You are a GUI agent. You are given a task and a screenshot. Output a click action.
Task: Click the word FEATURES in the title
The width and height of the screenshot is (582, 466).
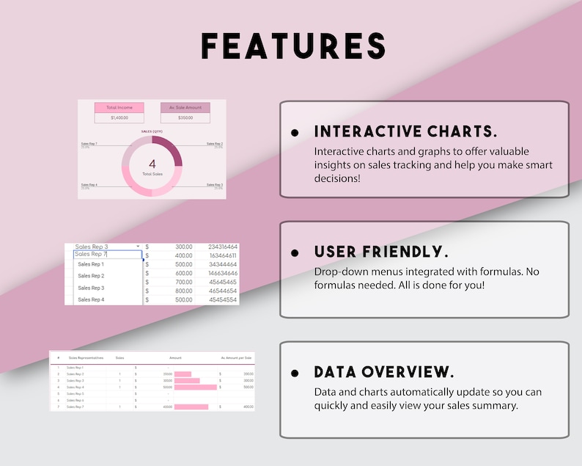[x=293, y=45]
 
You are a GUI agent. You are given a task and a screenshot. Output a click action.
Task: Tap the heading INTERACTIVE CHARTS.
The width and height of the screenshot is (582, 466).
[x=405, y=132]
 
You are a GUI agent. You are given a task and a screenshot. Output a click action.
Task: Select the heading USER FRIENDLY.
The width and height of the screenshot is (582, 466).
[x=381, y=252]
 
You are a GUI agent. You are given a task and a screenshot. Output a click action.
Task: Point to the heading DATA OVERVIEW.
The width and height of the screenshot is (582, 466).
[x=383, y=372]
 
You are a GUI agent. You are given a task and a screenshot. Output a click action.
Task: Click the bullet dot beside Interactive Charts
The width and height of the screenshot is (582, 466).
[x=295, y=133]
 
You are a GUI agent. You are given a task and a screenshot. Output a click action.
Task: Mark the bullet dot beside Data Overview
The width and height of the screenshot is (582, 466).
[x=295, y=373]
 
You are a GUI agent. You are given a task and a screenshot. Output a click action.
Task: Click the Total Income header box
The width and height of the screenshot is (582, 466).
[x=119, y=108]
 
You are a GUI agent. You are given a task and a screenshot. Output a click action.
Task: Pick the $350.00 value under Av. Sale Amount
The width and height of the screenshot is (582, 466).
[x=185, y=117]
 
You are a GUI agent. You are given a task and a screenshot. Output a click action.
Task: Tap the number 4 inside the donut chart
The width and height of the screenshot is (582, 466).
[x=152, y=164]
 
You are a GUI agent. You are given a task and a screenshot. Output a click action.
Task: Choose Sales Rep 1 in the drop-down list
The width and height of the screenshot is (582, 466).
[x=91, y=264]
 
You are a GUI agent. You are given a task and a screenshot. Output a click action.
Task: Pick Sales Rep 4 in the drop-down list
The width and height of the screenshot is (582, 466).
[x=91, y=299]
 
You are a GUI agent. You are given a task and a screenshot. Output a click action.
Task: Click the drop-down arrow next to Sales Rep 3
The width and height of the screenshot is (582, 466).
[x=138, y=247]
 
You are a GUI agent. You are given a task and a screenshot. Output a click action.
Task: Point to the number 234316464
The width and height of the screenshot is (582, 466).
[x=222, y=247]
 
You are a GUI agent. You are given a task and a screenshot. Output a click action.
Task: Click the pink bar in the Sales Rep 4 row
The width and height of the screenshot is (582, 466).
[x=195, y=387]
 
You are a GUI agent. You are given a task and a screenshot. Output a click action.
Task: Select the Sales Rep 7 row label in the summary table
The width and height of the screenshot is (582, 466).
[x=75, y=407]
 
